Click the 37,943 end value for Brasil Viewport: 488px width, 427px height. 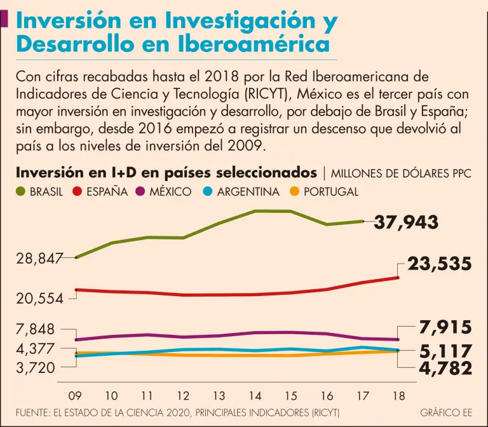tap(406, 222)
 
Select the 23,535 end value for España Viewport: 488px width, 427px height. tap(439, 264)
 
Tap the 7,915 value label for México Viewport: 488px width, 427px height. tap(445, 328)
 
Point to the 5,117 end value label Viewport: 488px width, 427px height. tap(445, 351)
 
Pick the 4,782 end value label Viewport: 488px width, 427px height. tap(445, 369)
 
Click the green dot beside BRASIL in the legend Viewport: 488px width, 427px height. tap(20, 191)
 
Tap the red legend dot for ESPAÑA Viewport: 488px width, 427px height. tap(78, 191)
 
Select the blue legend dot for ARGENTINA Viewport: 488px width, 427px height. tap(207, 191)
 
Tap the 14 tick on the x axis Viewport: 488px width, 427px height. tap(255, 395)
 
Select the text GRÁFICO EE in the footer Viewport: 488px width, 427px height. tap(446, 412)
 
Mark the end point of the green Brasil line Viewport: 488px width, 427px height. tap(362, 221)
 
